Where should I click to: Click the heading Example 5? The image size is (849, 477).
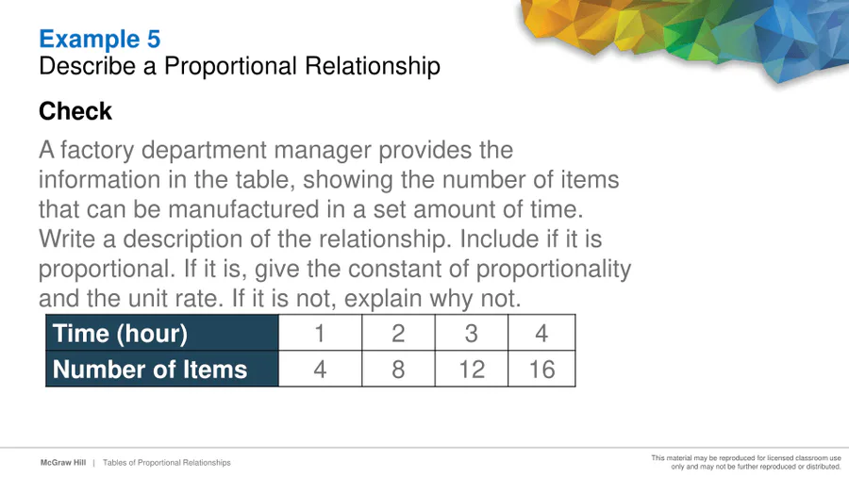[x=100, y=39]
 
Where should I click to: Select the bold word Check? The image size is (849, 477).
[x=75, y=111]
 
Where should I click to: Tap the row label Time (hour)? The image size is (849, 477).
[x=120, y=333]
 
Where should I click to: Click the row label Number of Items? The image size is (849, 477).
[x=150, y=370]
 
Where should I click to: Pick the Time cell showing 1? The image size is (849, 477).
[x=320, y=333]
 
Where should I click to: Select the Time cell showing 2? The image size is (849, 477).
[x=398, y=333]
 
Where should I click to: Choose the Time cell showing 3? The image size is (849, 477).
[x=471, y=333]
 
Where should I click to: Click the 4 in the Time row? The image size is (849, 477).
[x=541, y=333]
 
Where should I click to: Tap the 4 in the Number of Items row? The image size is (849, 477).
[x=320, y=369]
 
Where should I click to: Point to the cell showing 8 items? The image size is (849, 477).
[x=398, y=369]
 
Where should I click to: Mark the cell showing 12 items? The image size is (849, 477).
[x=471, y=369]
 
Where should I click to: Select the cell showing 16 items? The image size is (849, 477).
[x=541, y=369]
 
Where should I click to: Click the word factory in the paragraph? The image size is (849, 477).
[x=97, y=150]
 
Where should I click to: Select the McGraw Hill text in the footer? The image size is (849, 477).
[x=63, y=463]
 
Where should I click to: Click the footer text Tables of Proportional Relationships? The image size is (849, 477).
[x=167, y=463]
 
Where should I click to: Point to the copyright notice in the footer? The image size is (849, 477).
[x=746, y=462]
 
